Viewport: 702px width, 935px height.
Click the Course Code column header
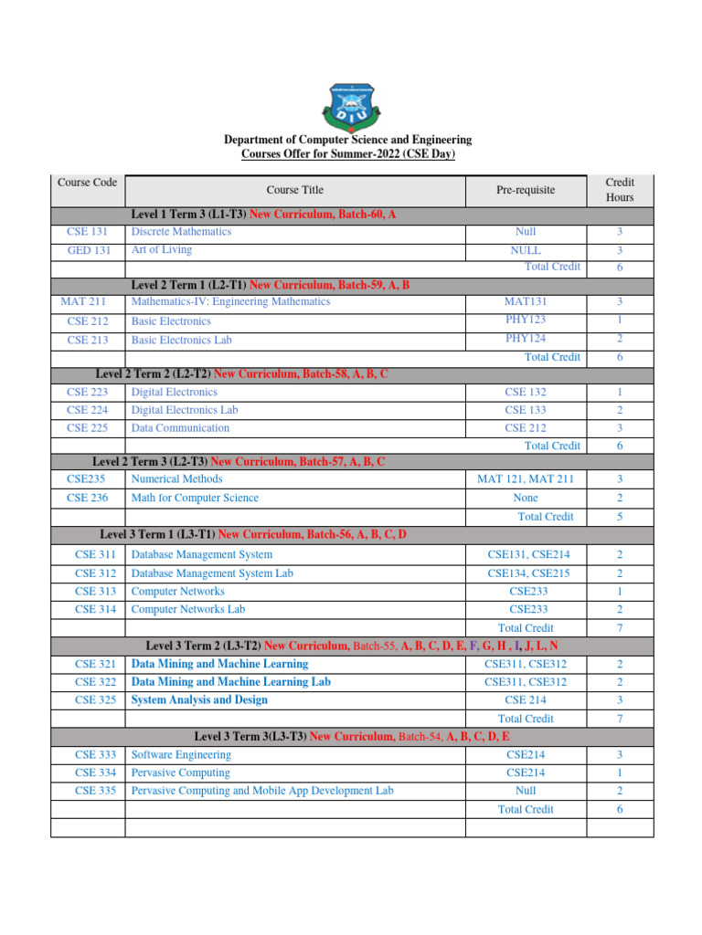87,182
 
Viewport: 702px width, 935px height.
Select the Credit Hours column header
620,190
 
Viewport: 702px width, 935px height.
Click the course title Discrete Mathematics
181,232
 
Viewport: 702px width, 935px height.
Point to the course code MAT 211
87,301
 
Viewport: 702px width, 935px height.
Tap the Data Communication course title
180,428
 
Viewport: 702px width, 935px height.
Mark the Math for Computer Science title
195,499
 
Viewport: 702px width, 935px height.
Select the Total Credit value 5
619,517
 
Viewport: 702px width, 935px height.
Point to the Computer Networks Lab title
188,609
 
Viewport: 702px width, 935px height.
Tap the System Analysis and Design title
199,700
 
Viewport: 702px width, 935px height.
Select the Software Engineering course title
181,755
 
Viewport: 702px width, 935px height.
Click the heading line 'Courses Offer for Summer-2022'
347,154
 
